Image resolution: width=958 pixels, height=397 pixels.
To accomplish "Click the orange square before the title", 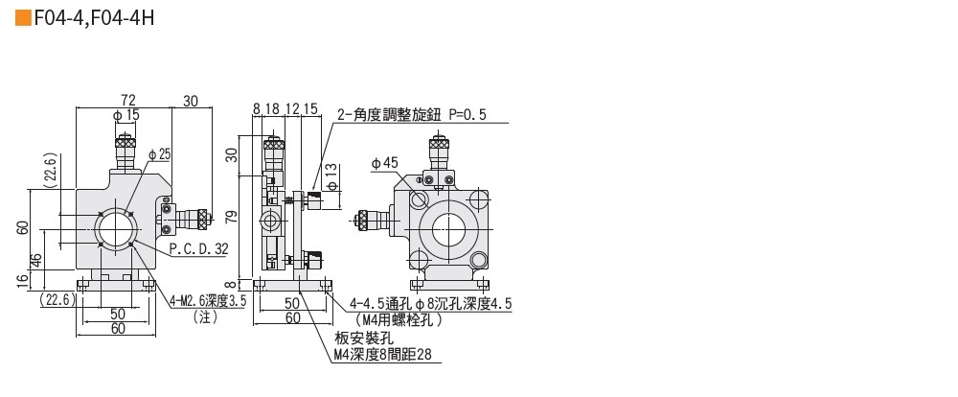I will [x=22, y=17].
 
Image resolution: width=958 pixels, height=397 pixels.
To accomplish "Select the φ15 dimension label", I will [x=125, y=115].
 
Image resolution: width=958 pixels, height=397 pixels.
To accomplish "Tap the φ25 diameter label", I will [x=159, y=153].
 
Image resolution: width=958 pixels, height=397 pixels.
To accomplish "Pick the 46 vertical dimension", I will [x=36, y=260].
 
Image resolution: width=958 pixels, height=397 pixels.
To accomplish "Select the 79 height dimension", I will [x=231, y=217].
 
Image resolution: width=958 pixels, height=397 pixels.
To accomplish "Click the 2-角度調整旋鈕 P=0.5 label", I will [x=411, y=115].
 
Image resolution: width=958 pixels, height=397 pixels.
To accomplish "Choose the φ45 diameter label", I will [x=383, y=163].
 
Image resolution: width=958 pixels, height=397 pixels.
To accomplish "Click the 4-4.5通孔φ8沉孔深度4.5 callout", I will [x=430, y=303].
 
